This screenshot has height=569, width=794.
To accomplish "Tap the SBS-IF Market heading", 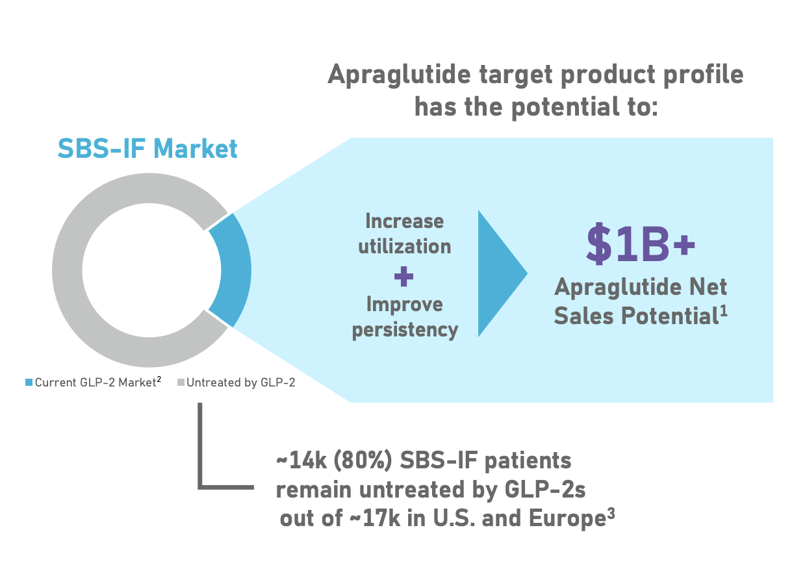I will coord(147,149).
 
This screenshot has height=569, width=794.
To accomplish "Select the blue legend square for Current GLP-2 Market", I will coord(29,383).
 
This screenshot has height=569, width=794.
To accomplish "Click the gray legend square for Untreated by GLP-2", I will coord(181,383).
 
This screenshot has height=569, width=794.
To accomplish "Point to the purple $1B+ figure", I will coord(640,244).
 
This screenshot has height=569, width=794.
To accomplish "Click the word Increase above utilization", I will coord(404,221).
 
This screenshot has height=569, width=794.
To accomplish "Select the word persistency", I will coord(404,329).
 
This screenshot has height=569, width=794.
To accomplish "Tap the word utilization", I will coord(404,246).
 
